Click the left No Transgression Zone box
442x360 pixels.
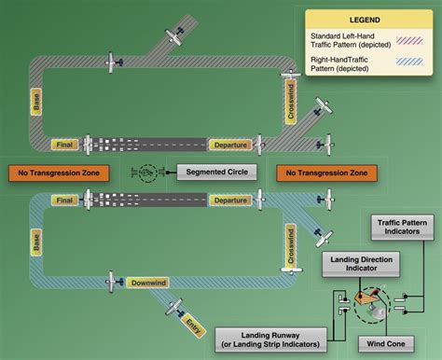coord(58,173)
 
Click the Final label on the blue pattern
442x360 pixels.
coord(64,200)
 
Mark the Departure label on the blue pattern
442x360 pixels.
coord(229,200)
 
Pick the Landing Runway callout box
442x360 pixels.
coord(269,339)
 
